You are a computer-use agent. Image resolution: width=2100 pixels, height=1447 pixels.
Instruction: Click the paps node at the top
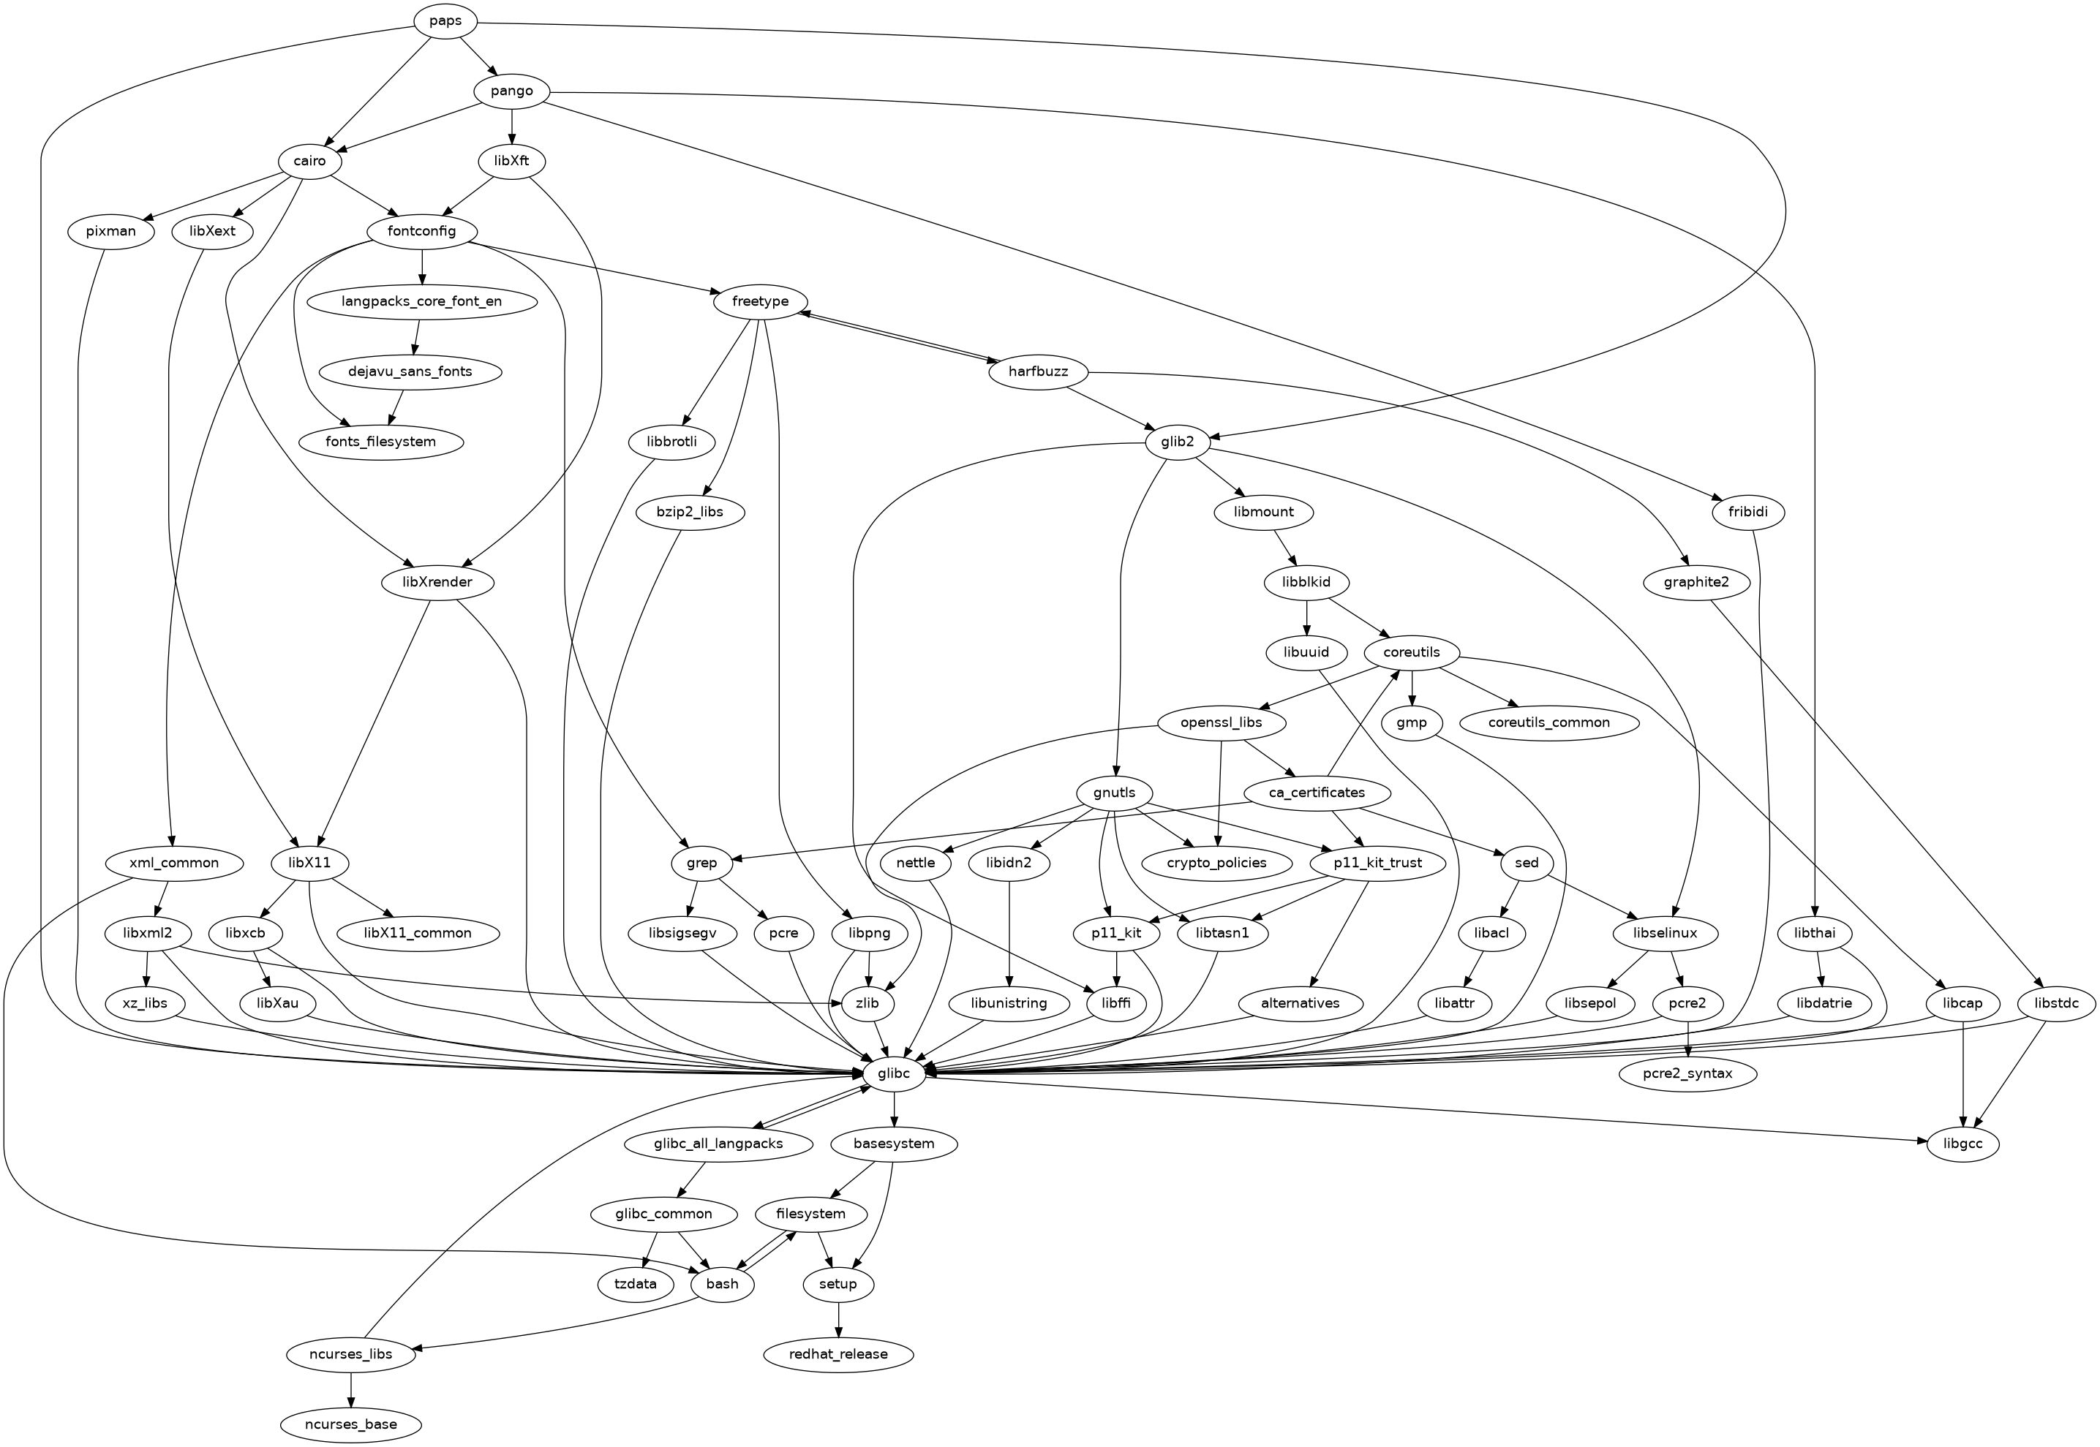[x=445, y=21]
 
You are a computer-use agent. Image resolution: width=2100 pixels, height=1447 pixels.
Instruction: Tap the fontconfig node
[x=421, y=231]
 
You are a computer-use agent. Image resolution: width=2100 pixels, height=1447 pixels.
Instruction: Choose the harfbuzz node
[x=1038, y=371]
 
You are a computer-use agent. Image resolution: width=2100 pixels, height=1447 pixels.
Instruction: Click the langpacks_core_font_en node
[x=421, y=301]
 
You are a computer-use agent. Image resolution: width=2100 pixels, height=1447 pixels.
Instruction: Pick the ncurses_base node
[x=351, y=1424]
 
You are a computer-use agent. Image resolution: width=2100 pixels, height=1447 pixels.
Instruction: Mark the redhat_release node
[x=839, y=1355]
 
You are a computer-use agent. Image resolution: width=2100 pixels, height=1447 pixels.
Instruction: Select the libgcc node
[x=1963, y=1144]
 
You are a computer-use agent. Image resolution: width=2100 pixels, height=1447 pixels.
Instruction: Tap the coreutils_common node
[x=1548, y=722]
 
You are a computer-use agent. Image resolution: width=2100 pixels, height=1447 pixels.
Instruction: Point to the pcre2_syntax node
[x=1687, y=1073]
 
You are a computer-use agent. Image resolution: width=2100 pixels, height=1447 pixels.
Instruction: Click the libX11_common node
[x=417, y=933]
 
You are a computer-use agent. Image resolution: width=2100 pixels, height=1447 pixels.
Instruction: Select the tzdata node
[x=635, y=1285]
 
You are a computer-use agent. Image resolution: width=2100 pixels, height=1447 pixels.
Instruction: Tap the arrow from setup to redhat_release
[x=839, y=1319]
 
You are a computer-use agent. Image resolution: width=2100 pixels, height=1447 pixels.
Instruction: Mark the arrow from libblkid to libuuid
[x=1306, y=617]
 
